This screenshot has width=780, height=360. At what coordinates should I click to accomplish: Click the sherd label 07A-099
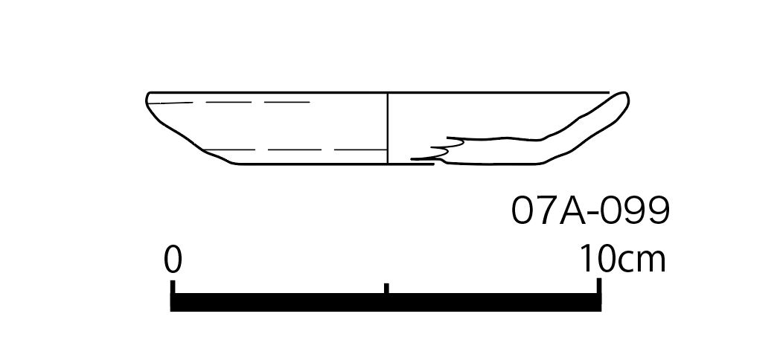click(x=590, y=210)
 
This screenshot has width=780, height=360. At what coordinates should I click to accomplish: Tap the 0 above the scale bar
click(x=173, y=259)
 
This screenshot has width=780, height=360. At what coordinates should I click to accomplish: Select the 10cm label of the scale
click(x=623, y=259)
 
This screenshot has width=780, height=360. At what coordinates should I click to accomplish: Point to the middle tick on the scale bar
click(x=386, y=289)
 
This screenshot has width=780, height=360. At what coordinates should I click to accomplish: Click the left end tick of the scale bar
click(x=173, y=287)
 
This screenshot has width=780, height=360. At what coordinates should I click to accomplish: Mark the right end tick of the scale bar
click(x=599, y=286)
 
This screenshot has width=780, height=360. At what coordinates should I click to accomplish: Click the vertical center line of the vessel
click(x=388, y=128)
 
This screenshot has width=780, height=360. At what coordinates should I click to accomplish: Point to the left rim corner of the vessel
click(x=149, y=94)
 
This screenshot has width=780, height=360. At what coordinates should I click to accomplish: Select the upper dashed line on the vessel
click(x=228, y=103)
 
